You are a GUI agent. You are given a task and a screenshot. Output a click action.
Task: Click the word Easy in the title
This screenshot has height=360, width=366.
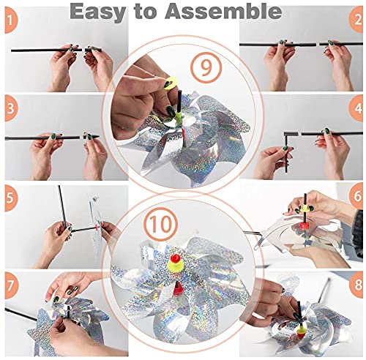pos(98,12)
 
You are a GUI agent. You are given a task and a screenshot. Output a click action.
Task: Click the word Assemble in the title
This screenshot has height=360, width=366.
pos(223,11)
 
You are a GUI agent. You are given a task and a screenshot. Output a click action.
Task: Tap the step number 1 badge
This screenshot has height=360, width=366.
pos(11,20)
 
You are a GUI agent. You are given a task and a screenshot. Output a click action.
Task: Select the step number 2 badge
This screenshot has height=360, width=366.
pos(356,20)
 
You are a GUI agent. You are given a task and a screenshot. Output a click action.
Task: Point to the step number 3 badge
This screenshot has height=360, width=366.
pos(11,108)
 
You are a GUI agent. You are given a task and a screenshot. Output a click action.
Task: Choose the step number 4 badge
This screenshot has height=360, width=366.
pos(356,108)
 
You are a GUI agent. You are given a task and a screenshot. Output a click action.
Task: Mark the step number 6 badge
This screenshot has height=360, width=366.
pos(356,196)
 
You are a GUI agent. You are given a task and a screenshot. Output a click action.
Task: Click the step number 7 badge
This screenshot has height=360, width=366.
pos(11,286)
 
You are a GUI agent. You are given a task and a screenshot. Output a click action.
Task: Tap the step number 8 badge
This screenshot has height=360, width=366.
pos(356,285)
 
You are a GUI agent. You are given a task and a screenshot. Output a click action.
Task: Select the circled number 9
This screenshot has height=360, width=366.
pos(206,67)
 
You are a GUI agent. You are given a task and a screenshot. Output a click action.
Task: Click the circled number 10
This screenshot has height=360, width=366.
pos(161,225)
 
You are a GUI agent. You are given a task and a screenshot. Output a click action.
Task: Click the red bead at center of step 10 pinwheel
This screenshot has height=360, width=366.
pos(175,258)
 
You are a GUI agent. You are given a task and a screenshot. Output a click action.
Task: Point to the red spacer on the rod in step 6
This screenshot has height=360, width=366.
pos(304,225)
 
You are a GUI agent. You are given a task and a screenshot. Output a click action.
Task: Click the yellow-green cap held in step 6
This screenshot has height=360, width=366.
pos(305,209)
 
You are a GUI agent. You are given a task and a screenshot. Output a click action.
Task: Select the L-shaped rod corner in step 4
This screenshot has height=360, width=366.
pos(286,134)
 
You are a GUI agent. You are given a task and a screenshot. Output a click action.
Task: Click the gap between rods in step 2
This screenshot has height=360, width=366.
pos(318,44)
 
